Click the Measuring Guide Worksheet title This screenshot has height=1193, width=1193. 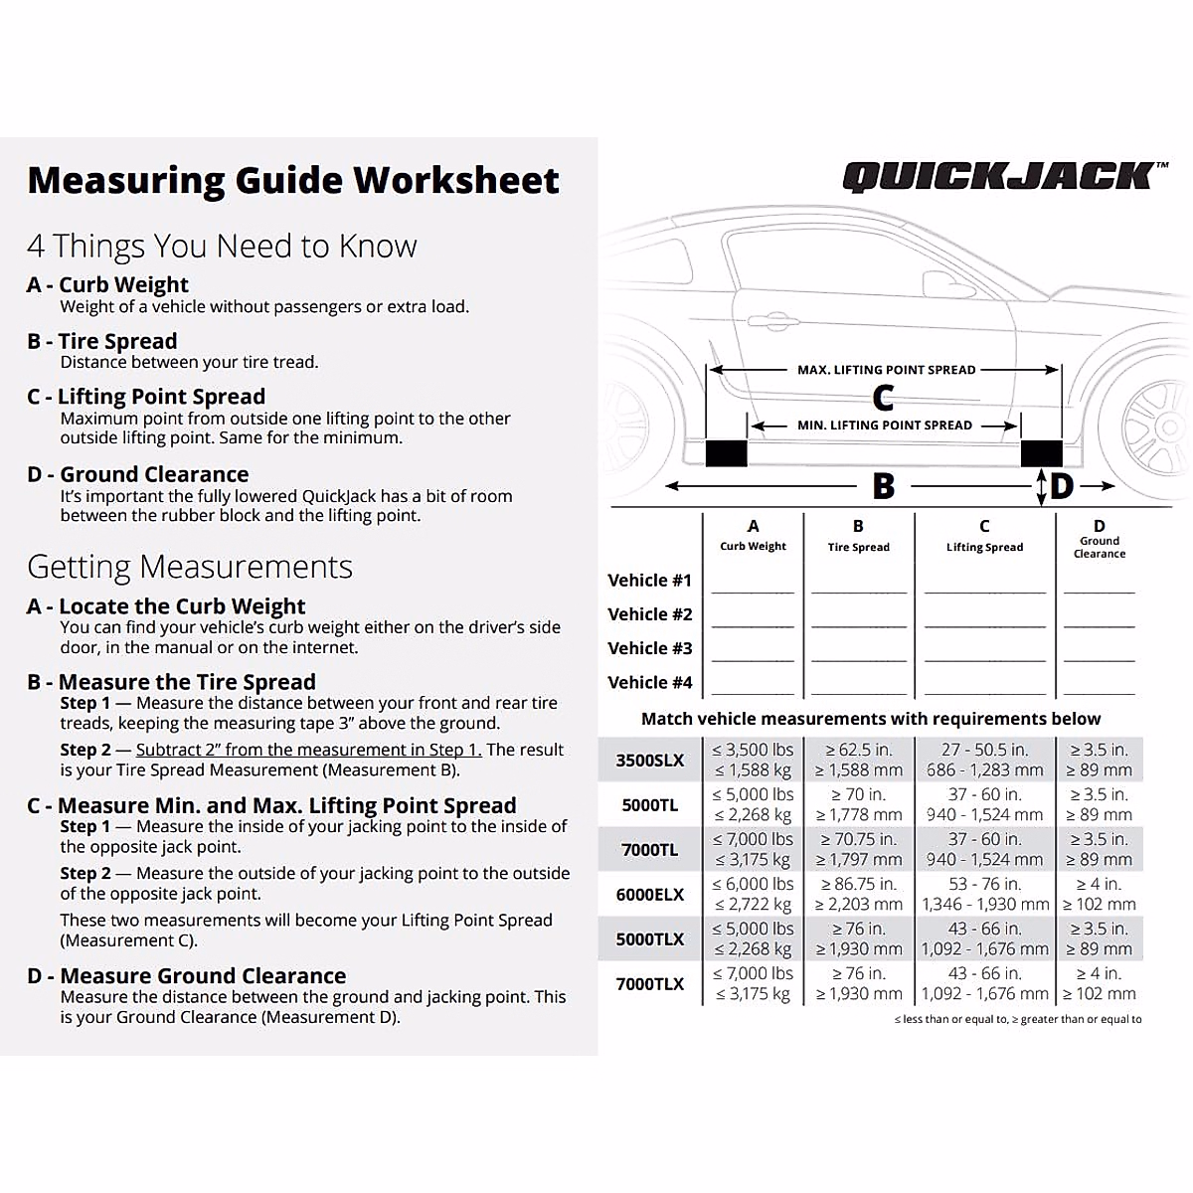click(x=293, y=180)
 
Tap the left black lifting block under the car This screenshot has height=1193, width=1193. click(x=726, y=453)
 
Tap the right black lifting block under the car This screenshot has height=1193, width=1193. click(x=1041, y=453)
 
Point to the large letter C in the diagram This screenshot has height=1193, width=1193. click(x=883, y=398)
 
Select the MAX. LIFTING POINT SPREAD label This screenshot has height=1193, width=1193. click(x=886, y=370)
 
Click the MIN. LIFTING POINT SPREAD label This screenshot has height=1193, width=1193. click(x=884, y=426)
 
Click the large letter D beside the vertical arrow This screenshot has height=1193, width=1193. click(x=1062, y=486)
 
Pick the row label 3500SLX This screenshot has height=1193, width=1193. click(x=650, y=761)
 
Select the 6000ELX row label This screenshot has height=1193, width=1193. click(x=650, y=895)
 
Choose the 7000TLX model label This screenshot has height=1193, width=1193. click(x=650, y=984)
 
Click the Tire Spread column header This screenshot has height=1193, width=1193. click(x=858, y=547)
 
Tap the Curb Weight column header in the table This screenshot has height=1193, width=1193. click(x=753, y=546)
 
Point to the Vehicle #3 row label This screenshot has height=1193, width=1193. click(x=650, y=648)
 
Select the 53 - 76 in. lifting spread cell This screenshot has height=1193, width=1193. click(x=984, y=884)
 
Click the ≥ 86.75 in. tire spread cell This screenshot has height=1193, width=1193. click(x=859, y=884)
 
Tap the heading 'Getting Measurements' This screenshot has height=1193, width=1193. click(x=190, y=567)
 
